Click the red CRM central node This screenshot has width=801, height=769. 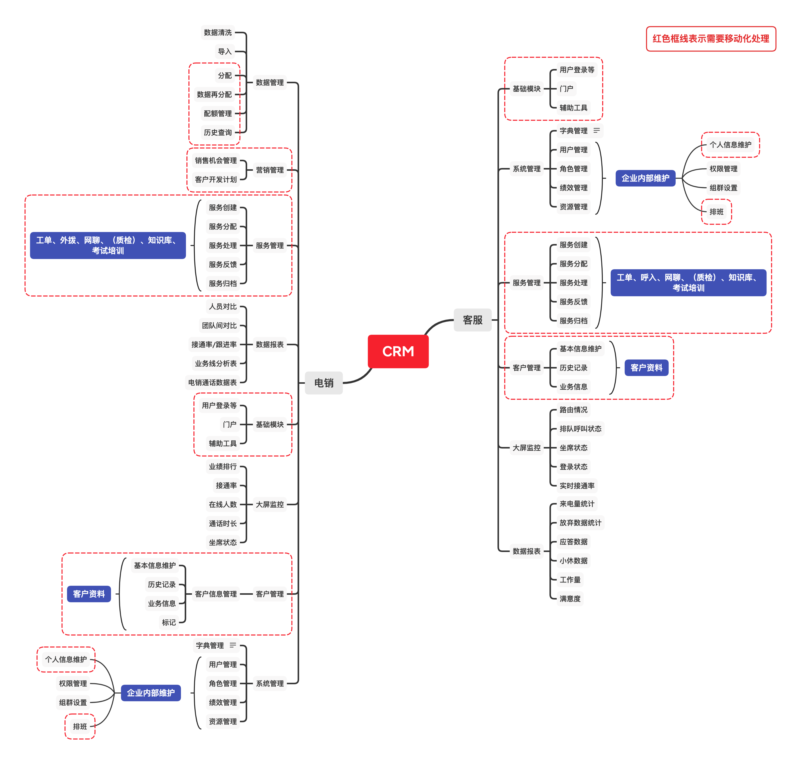398,351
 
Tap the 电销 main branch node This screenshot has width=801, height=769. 323,383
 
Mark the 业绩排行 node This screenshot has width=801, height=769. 222,466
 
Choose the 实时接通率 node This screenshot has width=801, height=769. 577,485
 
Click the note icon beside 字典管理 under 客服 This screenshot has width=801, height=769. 596,130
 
